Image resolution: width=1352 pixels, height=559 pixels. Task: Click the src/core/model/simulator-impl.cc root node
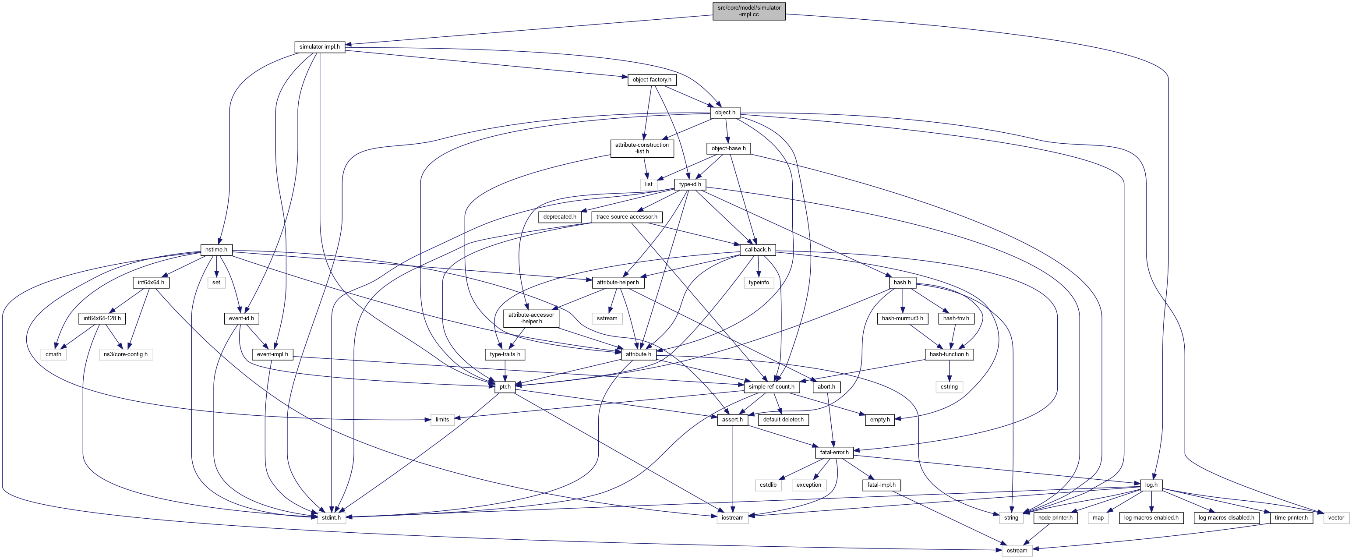[x=748, y=11]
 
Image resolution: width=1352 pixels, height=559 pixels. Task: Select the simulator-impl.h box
[x=319, y=47]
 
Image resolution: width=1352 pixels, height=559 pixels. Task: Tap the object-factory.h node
[x=652, y=80]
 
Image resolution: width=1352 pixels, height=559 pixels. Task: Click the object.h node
[x=725, y=112]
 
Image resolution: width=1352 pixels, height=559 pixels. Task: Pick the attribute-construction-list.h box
[x=642, y=148]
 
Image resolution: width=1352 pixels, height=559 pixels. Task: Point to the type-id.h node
[x=690, y=184]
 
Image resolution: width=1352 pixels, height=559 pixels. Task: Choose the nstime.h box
[x=216, y=250]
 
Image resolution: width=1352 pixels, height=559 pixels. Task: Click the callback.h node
[x=757, y=250]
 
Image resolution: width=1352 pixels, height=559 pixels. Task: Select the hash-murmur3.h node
[x=902, y=318]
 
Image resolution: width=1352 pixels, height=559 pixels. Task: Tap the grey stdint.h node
[x=331, y=517]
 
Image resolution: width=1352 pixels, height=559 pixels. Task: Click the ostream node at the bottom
[x=1017, y=551]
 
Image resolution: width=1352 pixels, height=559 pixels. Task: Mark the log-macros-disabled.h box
[x=1226, y=517]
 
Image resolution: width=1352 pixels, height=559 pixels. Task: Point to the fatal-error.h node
[x=834, y=452]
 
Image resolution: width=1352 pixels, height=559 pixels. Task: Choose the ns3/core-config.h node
[x=125, y=354]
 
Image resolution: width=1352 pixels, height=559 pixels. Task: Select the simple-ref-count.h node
[x=771, y=387]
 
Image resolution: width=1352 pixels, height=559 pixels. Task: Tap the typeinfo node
[x=759, y=283]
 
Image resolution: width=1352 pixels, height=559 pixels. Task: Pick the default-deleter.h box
[x=783, y=419]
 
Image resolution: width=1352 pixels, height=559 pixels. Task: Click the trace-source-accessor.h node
[x=627, y=217]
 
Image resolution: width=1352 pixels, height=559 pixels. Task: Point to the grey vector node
[x=1336, y=517]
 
